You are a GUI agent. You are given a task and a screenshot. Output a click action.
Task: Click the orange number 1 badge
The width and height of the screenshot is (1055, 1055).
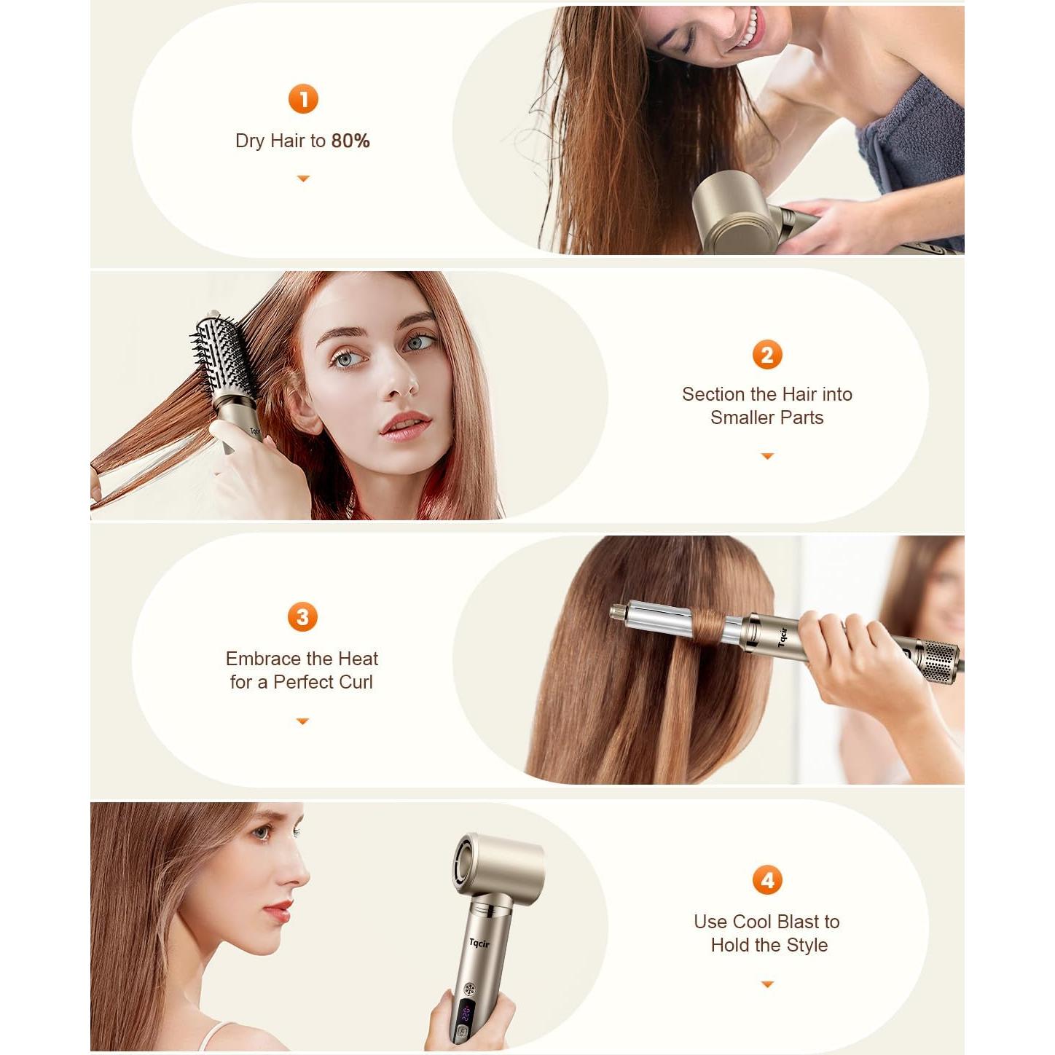(x=303, y=99)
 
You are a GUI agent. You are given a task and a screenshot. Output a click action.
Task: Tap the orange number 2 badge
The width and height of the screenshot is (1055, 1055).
(x=766, y=355)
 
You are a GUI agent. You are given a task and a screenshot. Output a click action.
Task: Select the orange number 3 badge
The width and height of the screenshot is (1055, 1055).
(x=302, y=617)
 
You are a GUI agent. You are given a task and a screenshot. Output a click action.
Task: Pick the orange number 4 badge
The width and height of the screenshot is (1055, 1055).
(x=766, y=880)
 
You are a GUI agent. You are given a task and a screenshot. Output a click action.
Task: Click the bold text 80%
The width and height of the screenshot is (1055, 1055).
(x=350, y=141)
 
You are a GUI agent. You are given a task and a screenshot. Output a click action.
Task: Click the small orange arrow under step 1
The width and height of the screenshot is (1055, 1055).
(x=303, y=179)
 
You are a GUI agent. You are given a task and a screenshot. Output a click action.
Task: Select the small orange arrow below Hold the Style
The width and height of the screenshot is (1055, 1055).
(x=766, y=984)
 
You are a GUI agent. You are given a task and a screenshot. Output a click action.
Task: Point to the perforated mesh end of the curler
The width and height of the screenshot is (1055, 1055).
(x=939, y=661)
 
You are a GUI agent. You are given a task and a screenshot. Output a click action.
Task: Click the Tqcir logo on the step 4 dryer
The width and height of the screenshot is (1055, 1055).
(x=479, y=944)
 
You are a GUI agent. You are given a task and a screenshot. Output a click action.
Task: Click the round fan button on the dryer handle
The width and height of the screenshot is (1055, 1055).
(x=469, y=989)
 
